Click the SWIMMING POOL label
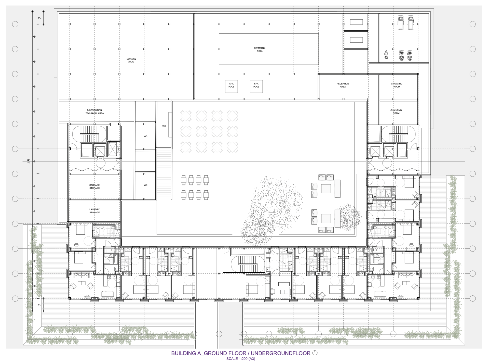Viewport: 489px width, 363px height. click(x=260, y=49)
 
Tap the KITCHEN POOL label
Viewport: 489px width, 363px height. click(x=131, y=61)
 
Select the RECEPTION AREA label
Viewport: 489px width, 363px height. click(x=343, y=85)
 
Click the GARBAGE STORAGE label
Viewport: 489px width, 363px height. click(x=94, y=186)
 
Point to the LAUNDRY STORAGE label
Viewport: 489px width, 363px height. click(x=94, y=211)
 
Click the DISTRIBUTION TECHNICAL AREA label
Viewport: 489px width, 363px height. click(x=94, y=112)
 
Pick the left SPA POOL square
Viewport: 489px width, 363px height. click(x=231, y=86)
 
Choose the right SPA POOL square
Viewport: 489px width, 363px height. click(x=256, y=86)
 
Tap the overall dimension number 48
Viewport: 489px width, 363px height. click(x=29, y=161)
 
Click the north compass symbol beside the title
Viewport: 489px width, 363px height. click(x=315, y=353)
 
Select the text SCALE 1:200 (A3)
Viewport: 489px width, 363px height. click(x=241, y=359)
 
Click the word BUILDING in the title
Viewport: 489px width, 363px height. click(x=183, y=353)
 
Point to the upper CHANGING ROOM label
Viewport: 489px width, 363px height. click(x=397, y=85)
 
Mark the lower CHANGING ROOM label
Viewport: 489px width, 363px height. click(x=396, y=112)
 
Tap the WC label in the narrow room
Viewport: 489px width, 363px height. click(x=164, y=126)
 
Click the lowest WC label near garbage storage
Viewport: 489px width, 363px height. click(x=145, y=185)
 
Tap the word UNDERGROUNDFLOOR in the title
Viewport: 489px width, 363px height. click(x=281, y=353)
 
